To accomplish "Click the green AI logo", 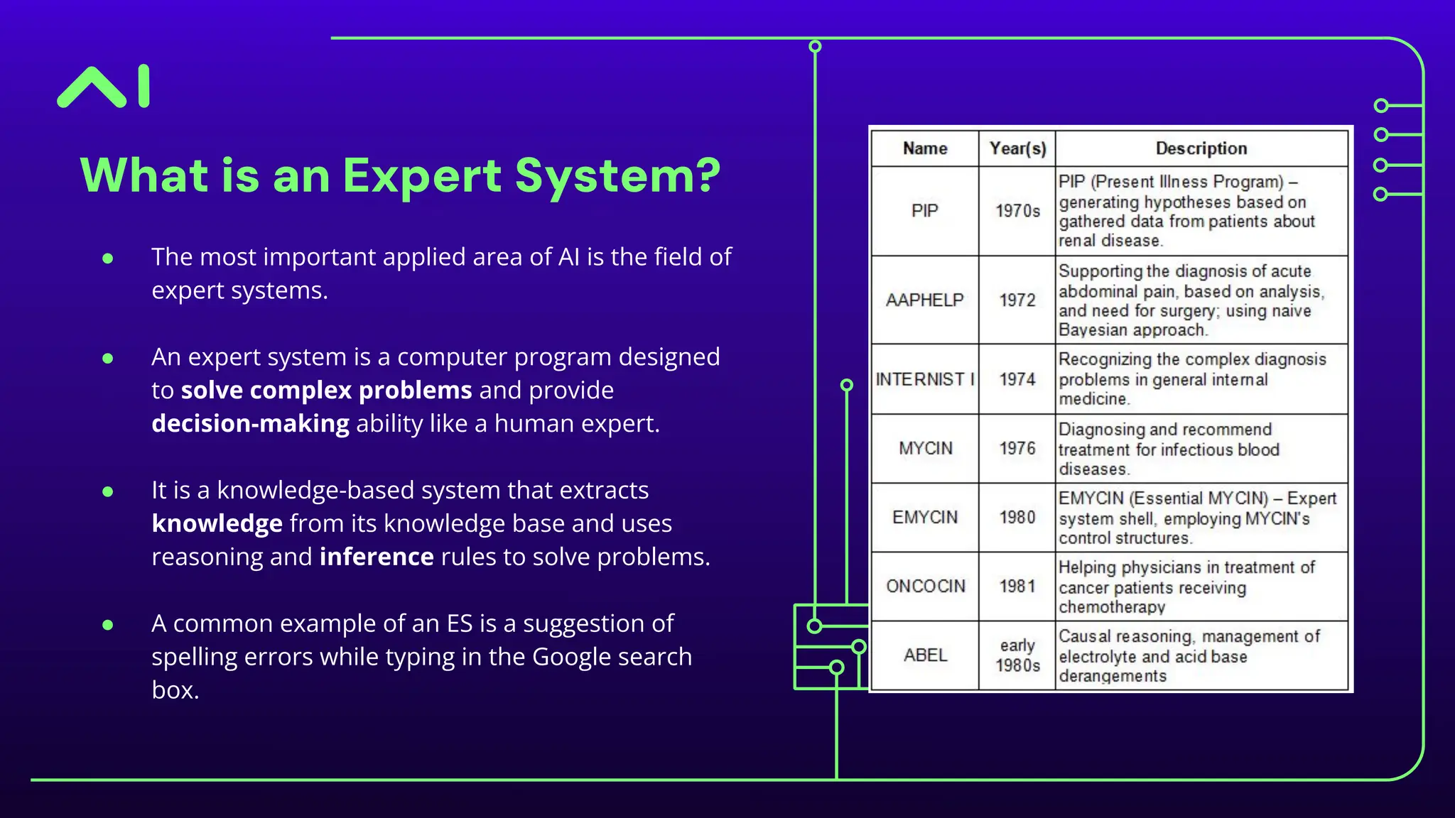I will tap(104, 87).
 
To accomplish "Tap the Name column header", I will tap(925, 148).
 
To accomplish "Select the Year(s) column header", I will tap(1017, 148).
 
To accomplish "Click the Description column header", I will tap(1201, 148).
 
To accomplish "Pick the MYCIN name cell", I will tap(925, 448).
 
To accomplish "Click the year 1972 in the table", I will tap(1017, 300).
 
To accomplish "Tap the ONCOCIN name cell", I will tap(925, 586).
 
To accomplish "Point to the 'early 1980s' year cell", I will tap(1017, 655).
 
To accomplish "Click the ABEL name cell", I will tap(925, 655).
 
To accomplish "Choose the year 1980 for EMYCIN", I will tap(1017, 517).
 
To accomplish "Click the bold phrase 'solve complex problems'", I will tap(326, 390).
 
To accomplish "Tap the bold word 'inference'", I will tap(377, 557).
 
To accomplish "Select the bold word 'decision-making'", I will tap(250, 423).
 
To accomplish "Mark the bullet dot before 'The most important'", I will tap(108, 258).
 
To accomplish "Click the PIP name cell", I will tap(925, 211).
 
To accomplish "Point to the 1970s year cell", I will tap(1017, 211).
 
